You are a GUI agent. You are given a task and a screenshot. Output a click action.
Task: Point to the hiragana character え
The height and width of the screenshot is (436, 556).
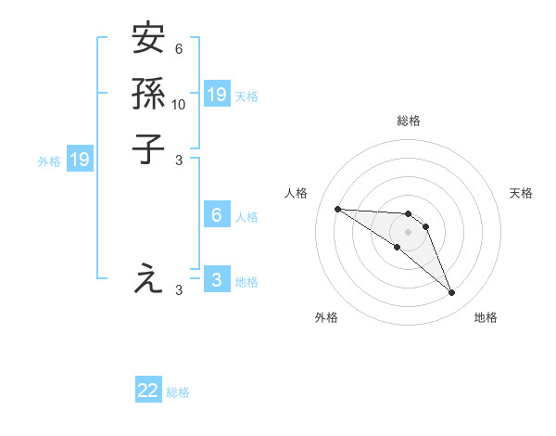pyautogui.click(x=148, y=277)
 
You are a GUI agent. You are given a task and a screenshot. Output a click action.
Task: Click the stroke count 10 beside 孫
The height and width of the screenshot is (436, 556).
pyautogui.click(x=179, y=104)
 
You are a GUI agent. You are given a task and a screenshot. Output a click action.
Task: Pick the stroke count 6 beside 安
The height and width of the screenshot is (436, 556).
pyautogui.click(x=179, y=48)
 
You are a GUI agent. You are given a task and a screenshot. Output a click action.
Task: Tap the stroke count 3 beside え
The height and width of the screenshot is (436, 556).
pyautogui.click(x=179, y=289)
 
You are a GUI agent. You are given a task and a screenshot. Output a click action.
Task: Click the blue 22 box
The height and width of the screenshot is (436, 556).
pyautogui.click(x=148, y=391)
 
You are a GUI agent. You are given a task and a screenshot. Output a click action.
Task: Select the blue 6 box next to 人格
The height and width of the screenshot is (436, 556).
pyautogui.click(x=217, y=215)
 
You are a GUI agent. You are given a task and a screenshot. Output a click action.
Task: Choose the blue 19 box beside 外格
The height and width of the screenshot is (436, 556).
pyautogui.click(x=80, y=160)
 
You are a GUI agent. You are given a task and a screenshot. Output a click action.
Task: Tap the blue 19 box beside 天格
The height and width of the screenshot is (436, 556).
pyautogui.click(x=217, y=95)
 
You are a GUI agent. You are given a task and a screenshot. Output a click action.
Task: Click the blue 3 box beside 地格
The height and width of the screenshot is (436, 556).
pyautogui.click(x=217, y=280)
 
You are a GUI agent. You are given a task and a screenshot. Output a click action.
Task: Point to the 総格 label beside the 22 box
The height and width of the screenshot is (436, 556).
pyautogui.click(x=178, y=392)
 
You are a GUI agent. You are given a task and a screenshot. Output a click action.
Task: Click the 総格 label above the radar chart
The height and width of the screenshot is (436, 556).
pyautogui.click(x=409, y=121)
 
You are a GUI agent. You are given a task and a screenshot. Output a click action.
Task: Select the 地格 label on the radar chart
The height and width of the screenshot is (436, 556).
pyautogui.click(x=486, y=317)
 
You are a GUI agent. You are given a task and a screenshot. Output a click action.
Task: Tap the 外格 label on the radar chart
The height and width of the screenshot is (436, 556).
pyautogui.click(x=326, y=317)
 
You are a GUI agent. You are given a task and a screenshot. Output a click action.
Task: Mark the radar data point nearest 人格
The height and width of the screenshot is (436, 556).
pyautogui.click(x=337, y=209)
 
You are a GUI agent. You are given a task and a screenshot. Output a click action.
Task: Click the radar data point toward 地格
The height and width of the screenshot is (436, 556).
pyautogui.click(x=452, y=293)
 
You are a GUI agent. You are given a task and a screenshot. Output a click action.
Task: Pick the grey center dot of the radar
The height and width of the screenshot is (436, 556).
pyautogui.click(x=408, y=231)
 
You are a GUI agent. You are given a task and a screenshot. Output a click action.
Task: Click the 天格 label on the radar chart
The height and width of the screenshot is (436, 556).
pyautogui.click(x=521, y=193)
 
